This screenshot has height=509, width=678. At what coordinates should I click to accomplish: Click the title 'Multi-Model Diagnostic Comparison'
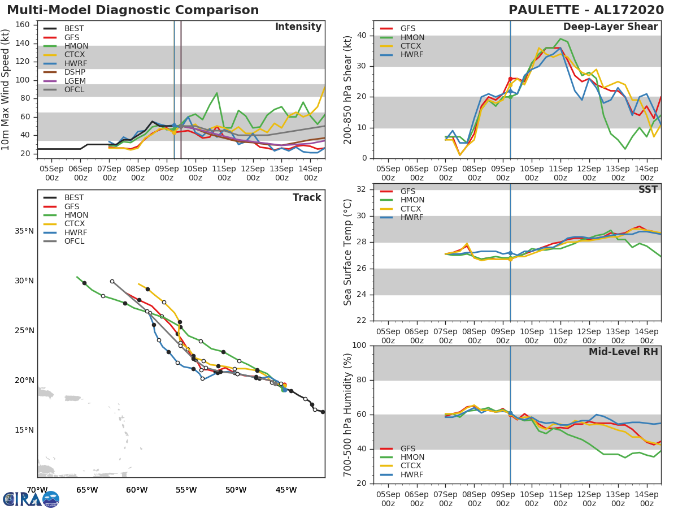(x=133, y=10)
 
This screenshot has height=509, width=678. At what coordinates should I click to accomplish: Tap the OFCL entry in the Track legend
(x=74, y=241)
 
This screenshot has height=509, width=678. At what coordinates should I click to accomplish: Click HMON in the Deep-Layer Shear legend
(x=412, y=37)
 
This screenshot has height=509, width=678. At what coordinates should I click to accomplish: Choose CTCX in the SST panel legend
(x=412, y=209)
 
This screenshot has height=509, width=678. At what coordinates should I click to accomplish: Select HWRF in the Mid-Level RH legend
(x=412, y=475)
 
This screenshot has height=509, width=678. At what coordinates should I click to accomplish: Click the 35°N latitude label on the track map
(x=23, y=231)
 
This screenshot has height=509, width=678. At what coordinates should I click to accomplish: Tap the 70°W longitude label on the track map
(x=37, y=490)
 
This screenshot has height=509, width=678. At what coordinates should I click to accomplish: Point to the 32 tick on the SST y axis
(x=362, y=189)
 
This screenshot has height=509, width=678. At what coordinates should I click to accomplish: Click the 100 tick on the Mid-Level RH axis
(x=359, y=346)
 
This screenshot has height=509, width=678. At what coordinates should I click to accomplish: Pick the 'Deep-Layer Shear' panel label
(x=610, y=27)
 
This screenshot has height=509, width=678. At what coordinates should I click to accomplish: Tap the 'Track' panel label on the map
(x=307, y=197)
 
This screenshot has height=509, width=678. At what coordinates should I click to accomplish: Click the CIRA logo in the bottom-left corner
(x=31, y=499)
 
